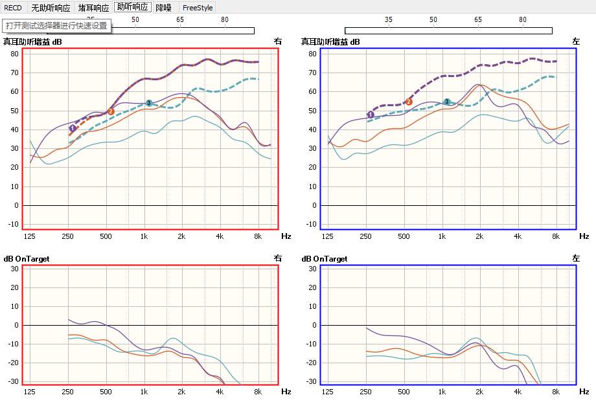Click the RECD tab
tap(13, 8)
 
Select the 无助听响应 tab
tap(51, 8)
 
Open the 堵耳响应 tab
tap(94, 8)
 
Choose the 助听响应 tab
tap(133, 7)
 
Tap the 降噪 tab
tap(163, 8)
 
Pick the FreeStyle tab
tap(198, 8)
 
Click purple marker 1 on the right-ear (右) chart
tap(73, 128)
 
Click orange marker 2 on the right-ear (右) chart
tap(111, 111)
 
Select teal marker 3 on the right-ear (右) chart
tap(149, 103)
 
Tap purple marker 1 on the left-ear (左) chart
tap(371, 115)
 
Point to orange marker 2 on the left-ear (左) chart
tap(409, 102)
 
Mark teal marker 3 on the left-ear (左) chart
tap(447, 102)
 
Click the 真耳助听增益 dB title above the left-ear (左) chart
tap(330, 42)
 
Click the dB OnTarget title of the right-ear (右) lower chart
tap(27, 259)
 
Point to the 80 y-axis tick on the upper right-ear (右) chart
tap(14, 54)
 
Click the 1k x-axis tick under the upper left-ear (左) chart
tap(442, 237)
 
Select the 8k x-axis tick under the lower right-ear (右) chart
tap(257, 392)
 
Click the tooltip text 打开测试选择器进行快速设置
tap(56, 26)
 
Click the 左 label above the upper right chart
tap(576, 41)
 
